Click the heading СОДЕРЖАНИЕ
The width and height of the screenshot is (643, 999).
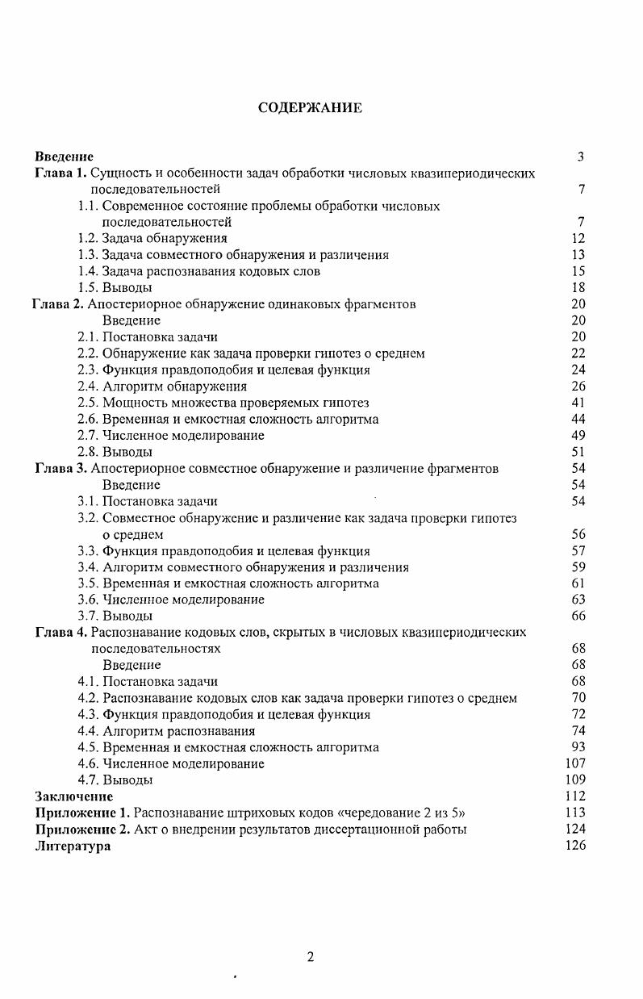[x=310, y=108]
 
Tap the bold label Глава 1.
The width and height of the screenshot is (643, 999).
[x=61, y=173]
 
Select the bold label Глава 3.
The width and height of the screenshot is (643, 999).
[x=61, y=468]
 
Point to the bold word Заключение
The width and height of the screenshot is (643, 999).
[x=74, y=796]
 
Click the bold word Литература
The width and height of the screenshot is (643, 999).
[x=73, y=846]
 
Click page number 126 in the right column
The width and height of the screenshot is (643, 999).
[x=575, y=846]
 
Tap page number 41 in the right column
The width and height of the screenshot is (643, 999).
[x=578, y=403]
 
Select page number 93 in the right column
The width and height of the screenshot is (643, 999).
[x=578, y=747]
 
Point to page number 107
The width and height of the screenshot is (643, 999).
[x=575, y=763]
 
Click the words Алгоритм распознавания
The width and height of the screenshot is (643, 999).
[x=179, y=731]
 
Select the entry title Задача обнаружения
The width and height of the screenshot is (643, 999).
[x=165, y=238]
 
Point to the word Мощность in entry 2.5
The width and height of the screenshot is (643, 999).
[x=132, y=403]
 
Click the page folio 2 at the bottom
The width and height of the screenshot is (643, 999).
[x=311, y=957]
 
